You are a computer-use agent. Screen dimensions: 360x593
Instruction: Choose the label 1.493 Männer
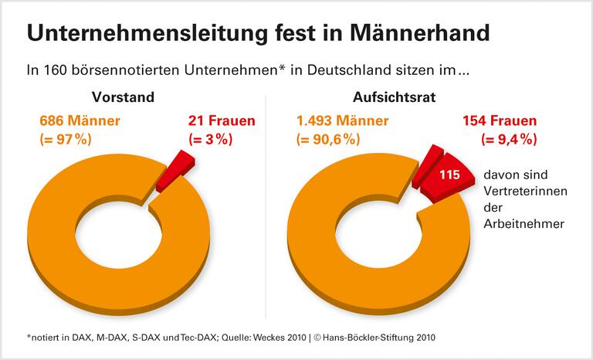pos(340,121)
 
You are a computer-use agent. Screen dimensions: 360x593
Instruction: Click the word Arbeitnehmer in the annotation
pos(521,223)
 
